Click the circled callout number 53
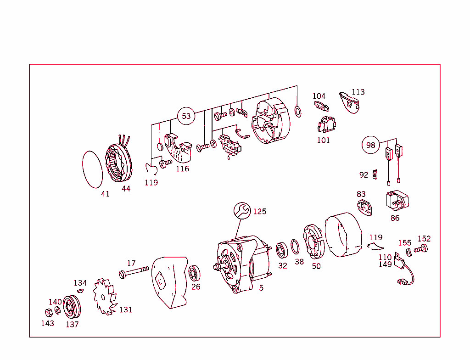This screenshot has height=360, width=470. pos(186,116)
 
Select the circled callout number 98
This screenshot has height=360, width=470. pos(370,146)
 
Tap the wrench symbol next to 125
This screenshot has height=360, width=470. pos(242,211)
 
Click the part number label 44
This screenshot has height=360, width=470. pos(126,189)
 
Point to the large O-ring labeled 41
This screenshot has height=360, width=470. pos(92,169)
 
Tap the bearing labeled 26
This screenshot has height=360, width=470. pos(195,274)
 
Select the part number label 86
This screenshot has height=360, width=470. pos(395,218)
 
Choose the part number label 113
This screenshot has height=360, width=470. pos(358,92)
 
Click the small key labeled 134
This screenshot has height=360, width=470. pos(80,290)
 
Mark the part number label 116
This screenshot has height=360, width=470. pos(182,169)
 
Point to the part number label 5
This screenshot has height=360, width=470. pos(261,288)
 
